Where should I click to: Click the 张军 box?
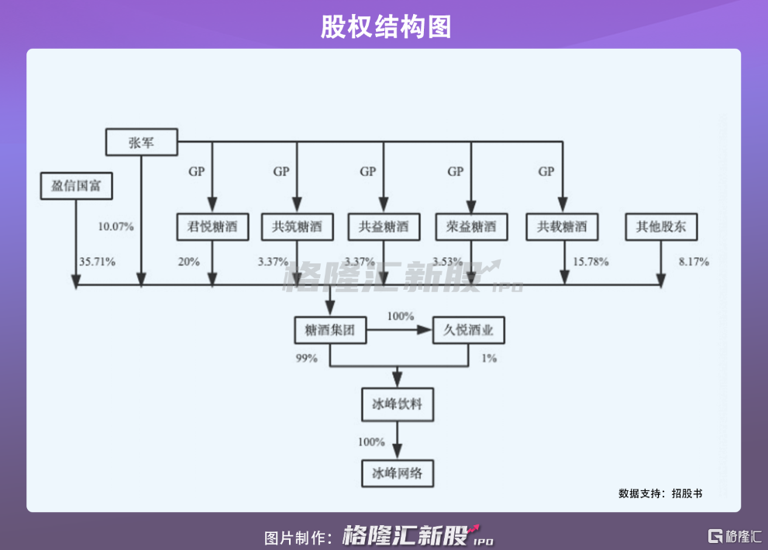[142, 142]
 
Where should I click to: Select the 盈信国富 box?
[77, 187]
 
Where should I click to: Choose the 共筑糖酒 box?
[297, 227]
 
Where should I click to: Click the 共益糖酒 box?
[384, 227]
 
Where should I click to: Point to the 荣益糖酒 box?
[471, 227]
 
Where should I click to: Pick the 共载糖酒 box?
[562, 227]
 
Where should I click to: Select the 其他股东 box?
[661, 227]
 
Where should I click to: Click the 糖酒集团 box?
[330, 331]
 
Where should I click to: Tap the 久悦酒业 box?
[469, 331]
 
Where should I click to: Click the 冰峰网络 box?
[397, 473]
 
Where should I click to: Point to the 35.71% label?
[97, 262]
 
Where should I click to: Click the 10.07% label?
[115, 227]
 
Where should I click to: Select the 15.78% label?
[590, 262]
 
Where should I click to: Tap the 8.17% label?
[694, 262]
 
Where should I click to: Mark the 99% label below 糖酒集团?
[306, 359]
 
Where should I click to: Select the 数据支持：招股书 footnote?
[660, 493]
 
